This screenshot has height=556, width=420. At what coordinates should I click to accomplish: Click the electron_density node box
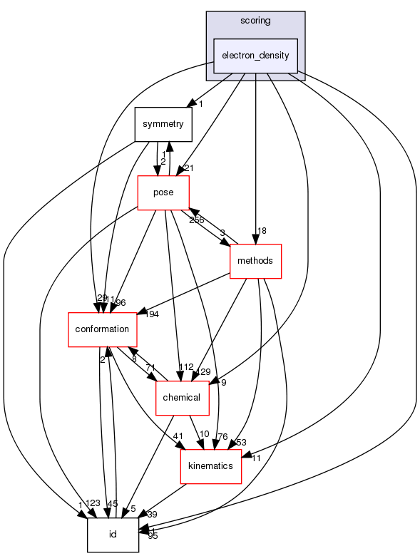255,56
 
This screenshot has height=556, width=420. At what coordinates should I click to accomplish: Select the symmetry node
163,124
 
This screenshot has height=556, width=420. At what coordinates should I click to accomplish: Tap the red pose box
163,192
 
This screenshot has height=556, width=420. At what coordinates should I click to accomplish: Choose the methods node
255,261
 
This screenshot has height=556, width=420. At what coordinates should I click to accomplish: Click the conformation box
101,329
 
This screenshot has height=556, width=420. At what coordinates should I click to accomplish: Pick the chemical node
182,397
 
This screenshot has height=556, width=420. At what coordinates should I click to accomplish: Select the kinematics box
210,465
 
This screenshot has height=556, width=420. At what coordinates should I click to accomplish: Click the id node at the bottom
113,534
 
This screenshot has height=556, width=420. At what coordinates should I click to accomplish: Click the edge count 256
197,220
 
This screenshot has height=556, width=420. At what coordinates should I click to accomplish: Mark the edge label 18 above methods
262,231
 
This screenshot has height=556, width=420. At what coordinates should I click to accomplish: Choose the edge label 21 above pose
189,168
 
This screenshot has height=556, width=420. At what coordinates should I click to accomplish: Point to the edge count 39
152,514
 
